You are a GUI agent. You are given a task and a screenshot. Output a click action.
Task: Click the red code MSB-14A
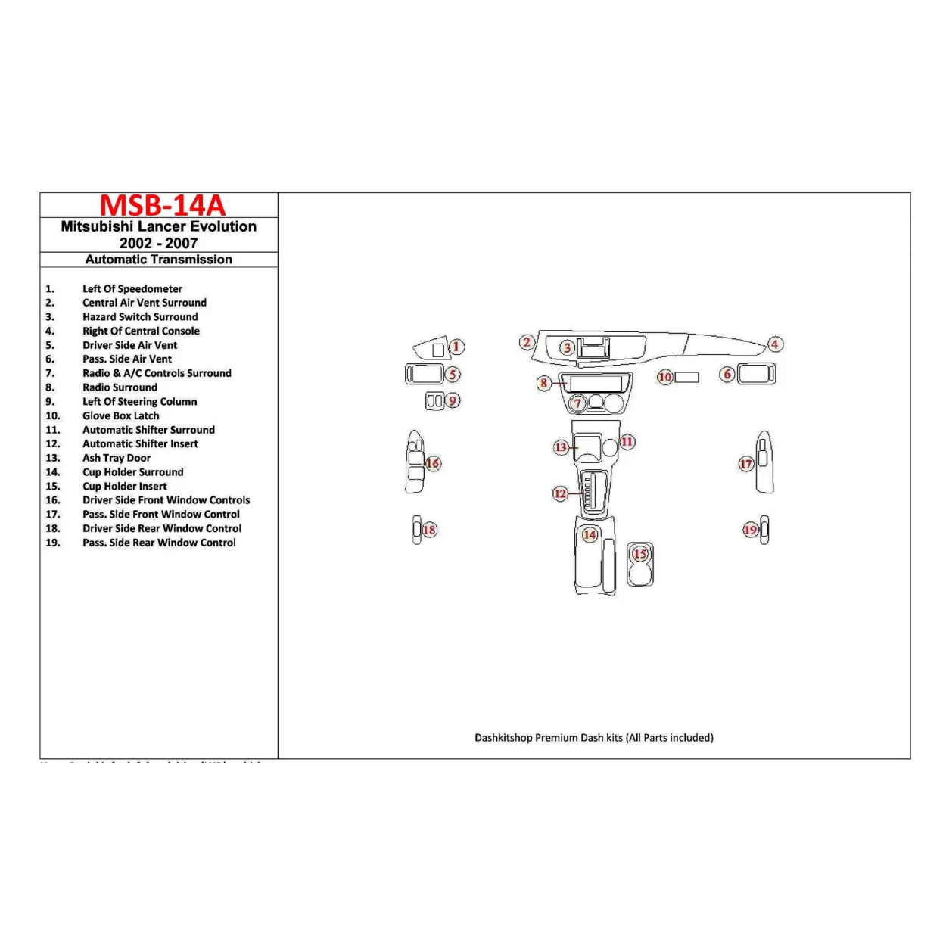pos(162,205)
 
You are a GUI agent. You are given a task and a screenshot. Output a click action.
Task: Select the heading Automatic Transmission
pos(158,260)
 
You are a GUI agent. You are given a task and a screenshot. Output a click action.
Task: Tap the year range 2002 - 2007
pos(158,243)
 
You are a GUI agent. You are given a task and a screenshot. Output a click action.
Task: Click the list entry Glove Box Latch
pos(120,415)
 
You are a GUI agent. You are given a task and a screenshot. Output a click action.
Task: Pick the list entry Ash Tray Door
pos(117,458)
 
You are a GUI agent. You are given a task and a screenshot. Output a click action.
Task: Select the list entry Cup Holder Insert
pos(124,486)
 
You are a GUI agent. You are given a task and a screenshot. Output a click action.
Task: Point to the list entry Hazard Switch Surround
pos(140,317)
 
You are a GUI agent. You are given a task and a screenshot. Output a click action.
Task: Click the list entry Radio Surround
pos(120,387)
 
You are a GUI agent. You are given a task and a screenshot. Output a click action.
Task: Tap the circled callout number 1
pos(456,347)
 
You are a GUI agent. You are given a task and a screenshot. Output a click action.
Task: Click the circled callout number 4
pos(774,344)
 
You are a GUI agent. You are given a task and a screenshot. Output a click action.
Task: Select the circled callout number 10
pos(664,377)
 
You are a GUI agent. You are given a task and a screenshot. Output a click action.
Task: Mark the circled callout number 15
pos(640,554)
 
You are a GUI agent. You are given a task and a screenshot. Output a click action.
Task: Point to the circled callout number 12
pos(560,494)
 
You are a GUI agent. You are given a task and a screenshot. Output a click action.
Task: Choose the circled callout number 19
pos(750,530)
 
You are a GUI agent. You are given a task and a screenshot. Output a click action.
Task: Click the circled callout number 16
pos(433,463)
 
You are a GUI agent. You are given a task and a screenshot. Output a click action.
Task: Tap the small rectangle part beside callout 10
pos(686,377)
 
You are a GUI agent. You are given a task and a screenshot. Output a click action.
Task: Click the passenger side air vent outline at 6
pos(756,374)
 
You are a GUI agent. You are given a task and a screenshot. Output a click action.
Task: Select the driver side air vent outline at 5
pos(424,374)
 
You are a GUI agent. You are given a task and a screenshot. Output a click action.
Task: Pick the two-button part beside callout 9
pos(434,401)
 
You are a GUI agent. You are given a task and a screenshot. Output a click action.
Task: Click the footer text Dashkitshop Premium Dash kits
pos(593,737)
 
